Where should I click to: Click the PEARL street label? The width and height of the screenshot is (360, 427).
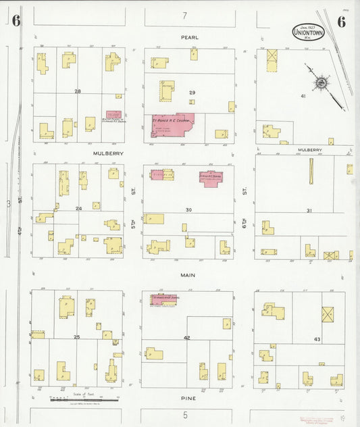coord(188,37)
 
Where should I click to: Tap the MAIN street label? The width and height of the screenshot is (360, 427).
coord(188,275)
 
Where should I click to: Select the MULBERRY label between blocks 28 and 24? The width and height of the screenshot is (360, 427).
coord(106,153)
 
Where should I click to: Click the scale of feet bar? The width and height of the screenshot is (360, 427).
coord(84,399)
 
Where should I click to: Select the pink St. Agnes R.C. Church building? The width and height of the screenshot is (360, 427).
coord(172,125)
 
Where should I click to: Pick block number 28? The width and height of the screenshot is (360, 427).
coord(78,91)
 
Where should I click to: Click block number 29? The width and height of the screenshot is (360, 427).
coord(192,92)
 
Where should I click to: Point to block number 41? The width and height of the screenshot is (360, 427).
coord(303,97)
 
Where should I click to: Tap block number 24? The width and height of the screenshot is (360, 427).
coord(78,208)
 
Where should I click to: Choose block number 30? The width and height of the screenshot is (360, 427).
coord(189,210)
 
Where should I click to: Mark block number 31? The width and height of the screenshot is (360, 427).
coord(309,211)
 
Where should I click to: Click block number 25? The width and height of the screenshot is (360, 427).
coord(77,336)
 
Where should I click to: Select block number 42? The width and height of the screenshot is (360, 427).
coord(187,337)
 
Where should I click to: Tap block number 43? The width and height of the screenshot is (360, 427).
coord(317,338)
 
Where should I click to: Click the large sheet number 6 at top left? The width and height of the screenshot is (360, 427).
coord(16,21)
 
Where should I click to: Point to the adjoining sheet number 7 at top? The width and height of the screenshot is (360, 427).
coord(184,15)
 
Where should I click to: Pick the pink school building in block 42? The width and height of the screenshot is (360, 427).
coord(163,298)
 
